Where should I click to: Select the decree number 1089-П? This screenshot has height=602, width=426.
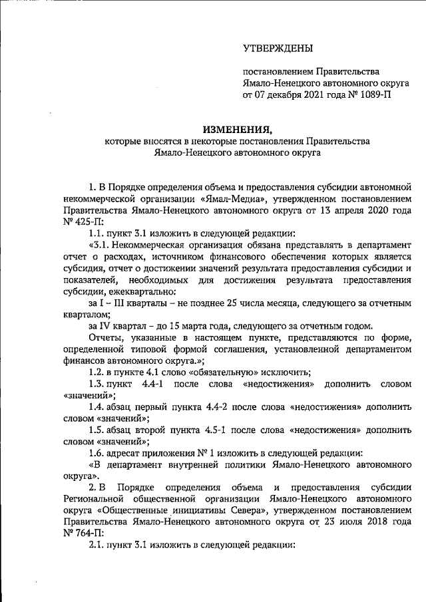tap(372, 95)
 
